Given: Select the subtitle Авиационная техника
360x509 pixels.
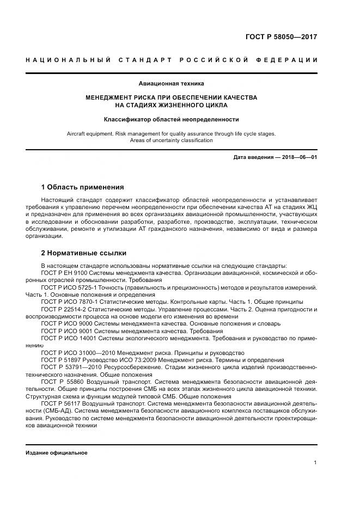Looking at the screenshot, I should [172, 84].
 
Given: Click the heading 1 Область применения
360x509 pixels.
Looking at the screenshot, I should [83, 187].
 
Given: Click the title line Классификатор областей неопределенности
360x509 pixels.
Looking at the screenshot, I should [172, 119].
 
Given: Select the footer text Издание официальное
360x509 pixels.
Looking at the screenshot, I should [57, 453].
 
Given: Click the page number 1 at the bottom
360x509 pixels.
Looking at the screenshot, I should [315, 462].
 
